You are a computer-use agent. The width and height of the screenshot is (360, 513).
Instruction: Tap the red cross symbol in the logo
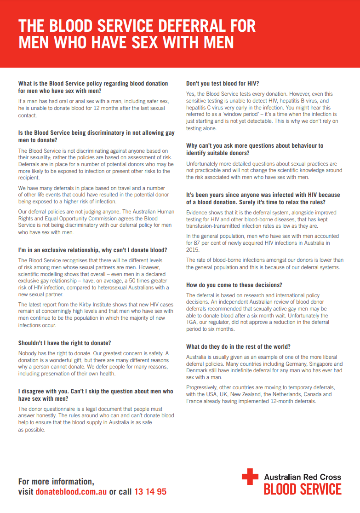(x=250, y=476)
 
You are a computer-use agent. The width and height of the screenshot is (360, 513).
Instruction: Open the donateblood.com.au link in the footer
(x=71, y=491)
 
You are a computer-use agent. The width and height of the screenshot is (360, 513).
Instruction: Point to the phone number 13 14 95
(x=150, y=491)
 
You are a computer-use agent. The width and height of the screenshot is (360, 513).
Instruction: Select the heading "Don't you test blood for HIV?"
(x=223, y=84)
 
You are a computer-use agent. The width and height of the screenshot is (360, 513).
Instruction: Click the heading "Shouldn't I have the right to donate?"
(x=64, y=343)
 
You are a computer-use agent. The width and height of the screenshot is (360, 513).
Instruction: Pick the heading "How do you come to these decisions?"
(x=234, y=285)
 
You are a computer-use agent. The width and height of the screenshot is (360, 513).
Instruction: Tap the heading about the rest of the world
(x=238, y=346)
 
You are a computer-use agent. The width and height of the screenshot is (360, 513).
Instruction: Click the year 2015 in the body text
(x=193, y=249)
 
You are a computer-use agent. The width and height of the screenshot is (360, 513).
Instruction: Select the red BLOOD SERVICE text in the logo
(x=303, y=489)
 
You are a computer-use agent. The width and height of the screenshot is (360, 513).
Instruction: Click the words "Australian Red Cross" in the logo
(x=303, y=476)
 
